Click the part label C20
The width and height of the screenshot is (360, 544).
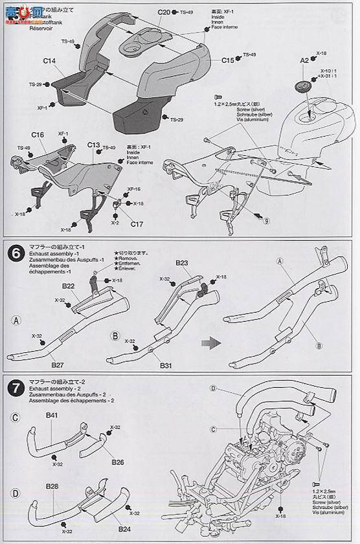click(163, 12)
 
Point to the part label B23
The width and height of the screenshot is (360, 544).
click(181, 264)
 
